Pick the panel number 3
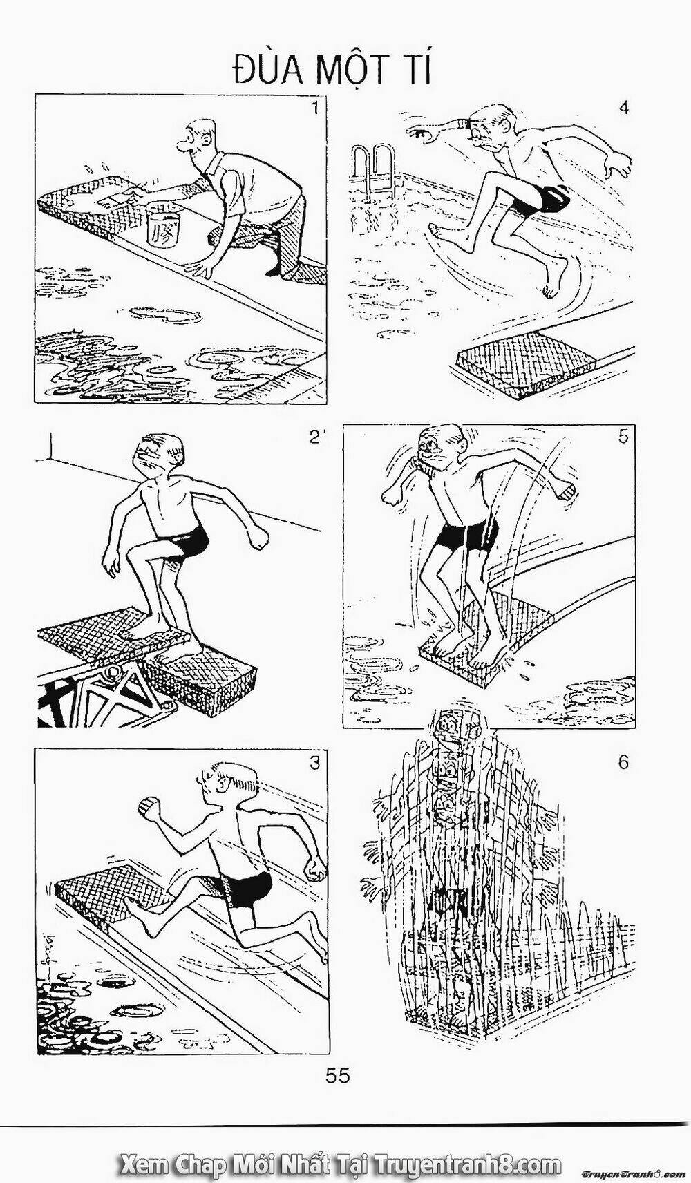click(x=315, y=763)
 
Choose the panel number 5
click(x=624, y=437)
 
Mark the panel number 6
click(x=624, y=763)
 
